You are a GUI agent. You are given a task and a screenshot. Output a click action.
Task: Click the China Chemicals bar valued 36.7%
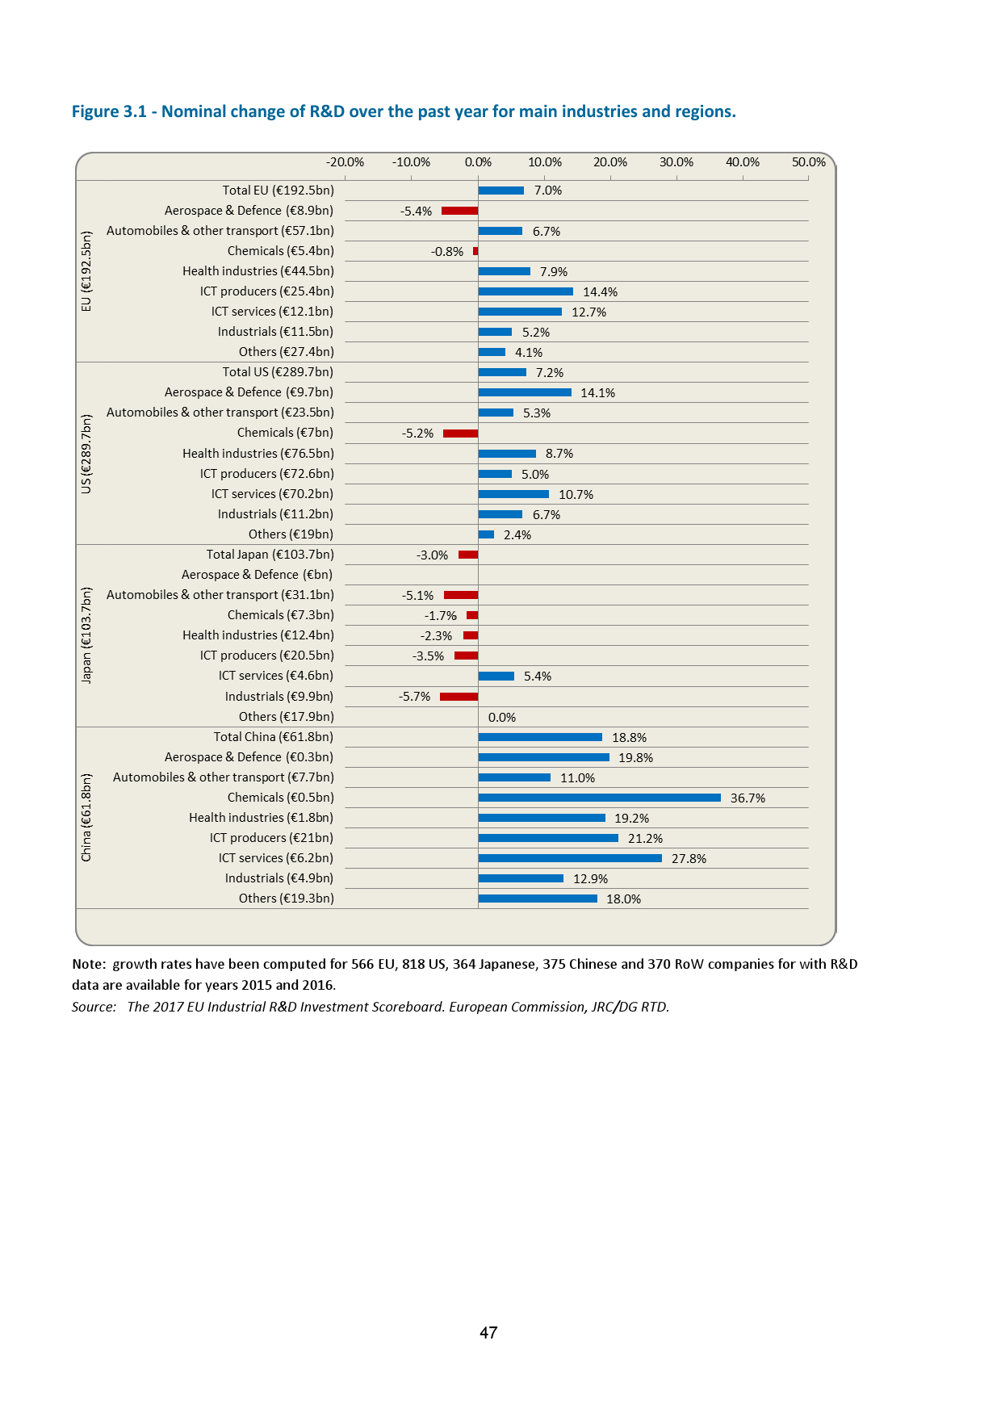tap(599, 798)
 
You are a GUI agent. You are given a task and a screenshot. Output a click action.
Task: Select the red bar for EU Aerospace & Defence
tap(459, 211)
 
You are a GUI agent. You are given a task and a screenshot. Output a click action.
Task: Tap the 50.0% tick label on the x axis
tap(808, 162)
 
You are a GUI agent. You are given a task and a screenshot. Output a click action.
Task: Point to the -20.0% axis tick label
tap(345, 162)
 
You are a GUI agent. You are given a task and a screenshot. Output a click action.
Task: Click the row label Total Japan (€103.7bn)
tap(270, 555)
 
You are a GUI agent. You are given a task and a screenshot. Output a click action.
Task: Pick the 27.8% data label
tap(689, 859)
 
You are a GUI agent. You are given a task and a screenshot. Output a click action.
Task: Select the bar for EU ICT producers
tap(526, 291)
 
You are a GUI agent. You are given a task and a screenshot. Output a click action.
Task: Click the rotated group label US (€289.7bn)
tap(86, 454)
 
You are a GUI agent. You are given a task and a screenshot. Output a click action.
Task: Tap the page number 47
tap(488, 1333)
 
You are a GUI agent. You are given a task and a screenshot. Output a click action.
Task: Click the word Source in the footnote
tap(93, 1007)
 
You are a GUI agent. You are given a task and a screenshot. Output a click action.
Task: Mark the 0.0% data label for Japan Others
tap(501, 718)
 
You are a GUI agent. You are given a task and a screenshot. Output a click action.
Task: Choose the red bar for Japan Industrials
tap(459, 697)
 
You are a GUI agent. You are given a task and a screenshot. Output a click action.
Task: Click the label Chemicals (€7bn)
tap(285, 433)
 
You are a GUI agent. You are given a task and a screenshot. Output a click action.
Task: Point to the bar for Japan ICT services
tap(496, 677)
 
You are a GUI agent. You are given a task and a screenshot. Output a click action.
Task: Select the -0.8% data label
tap(446, 252)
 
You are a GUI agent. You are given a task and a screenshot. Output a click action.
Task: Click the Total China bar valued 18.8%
tap(540, 737)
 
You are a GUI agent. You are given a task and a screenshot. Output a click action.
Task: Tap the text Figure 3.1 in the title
tap(109, 111)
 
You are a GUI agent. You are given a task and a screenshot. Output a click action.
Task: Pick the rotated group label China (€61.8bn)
tap(86, 818)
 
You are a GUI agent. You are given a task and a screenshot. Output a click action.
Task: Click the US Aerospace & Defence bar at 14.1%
tap(525, 392)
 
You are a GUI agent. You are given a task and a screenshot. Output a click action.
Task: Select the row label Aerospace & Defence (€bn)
tap(257, 575)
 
